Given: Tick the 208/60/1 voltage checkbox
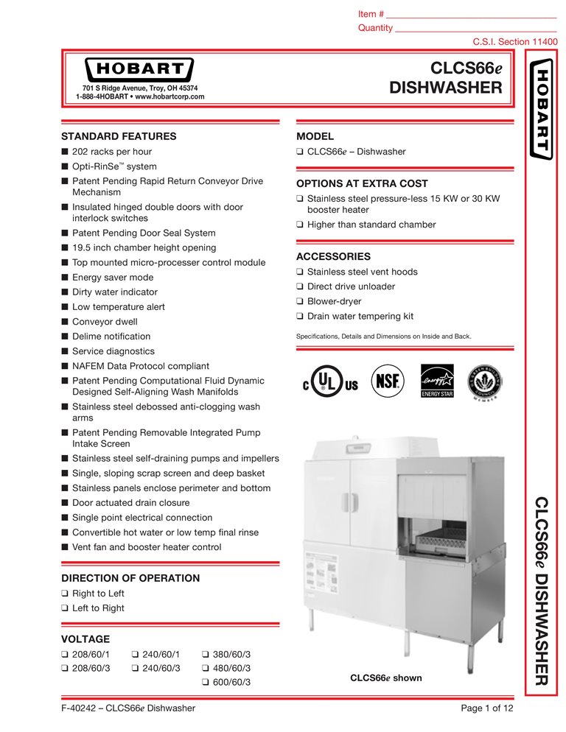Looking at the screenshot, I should click(64, 653).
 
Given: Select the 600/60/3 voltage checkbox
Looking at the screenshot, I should click(204, 683).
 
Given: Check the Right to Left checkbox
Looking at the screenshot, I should click(64, 594).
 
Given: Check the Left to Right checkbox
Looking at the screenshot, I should click(64, 608).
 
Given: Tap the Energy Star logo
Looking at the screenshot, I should click(436, 381).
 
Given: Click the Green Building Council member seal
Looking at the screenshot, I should click(486, 381).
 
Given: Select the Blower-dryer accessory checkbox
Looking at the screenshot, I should click(299, 302).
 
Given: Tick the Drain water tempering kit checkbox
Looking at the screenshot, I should click(299, 317).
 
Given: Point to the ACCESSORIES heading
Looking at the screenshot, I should click(333, 257).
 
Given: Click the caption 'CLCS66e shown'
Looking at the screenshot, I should click(385, 678).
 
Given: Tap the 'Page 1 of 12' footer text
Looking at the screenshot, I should click(486, 708).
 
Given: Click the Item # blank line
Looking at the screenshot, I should click(472, 15).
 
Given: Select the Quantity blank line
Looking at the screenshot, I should click(475, 29).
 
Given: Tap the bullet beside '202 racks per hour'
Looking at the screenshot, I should click(65, 152).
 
